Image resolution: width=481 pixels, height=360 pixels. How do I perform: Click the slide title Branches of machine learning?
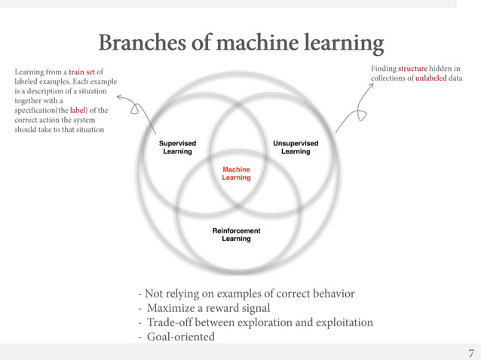tap(240, 44)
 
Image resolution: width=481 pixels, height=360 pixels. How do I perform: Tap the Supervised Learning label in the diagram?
tap(177, 147)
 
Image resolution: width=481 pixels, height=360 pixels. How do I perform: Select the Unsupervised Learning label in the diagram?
tap(295, 147)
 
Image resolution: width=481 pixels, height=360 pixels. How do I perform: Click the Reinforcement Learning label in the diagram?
tap(236, 234)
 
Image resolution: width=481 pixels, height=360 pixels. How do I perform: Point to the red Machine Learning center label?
tap(236, 173)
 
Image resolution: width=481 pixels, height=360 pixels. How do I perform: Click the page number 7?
tap(471, 353)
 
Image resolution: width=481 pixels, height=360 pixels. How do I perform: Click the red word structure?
tap(412, 69)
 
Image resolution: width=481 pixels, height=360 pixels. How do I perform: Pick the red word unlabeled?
tap(431, 78)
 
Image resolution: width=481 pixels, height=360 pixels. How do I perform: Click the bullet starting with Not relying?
tap(245, 294)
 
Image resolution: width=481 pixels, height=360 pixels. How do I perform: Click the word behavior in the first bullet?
tap(329, 294)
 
